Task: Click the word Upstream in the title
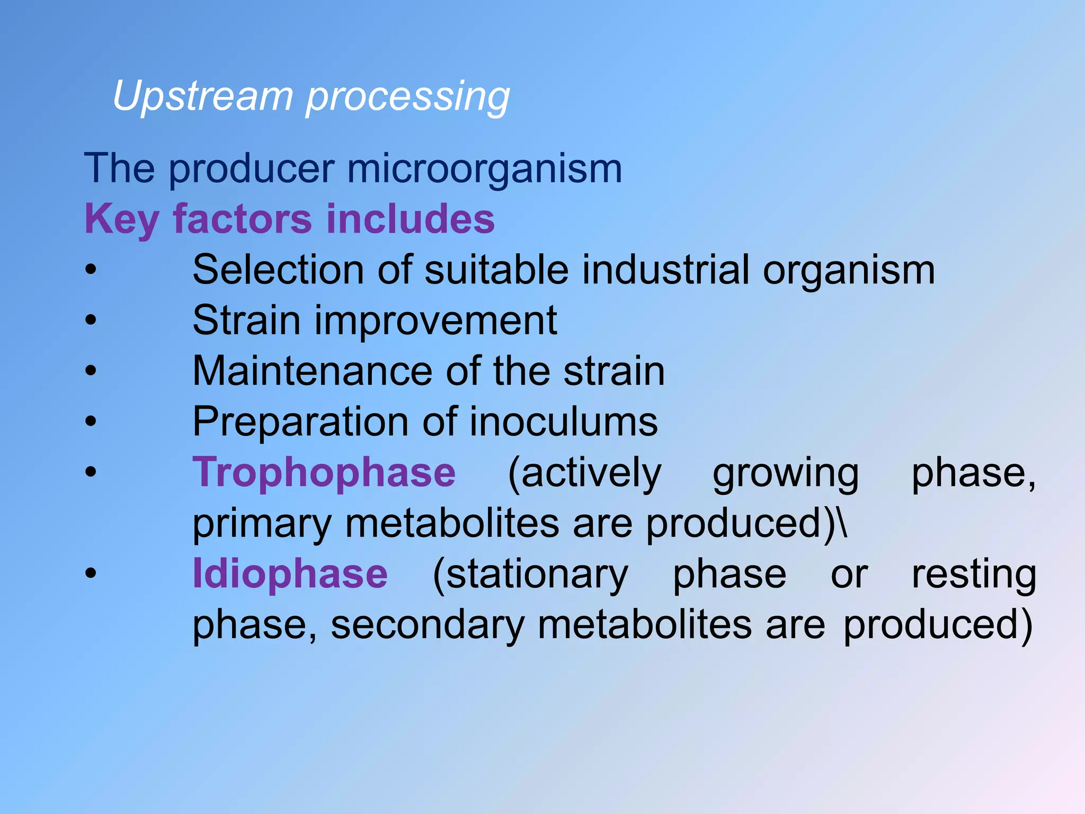click(203, 97)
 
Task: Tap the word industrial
click(666, 270)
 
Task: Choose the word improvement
click(435, 321)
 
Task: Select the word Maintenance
click(313, 371)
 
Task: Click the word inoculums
click(563, 422)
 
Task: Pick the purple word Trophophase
click(324, 473)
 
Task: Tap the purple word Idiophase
click(290, 574)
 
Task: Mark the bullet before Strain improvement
click(91, 320)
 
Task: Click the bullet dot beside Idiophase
click(91, 573)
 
